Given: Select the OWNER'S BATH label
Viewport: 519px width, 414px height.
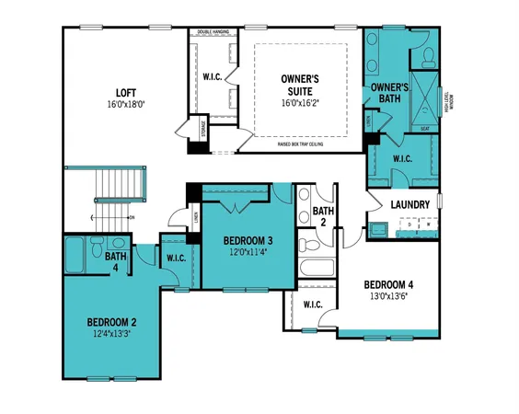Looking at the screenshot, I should [390, 95].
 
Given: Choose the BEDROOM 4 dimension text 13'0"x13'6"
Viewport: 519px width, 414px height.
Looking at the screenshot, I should [387, 296].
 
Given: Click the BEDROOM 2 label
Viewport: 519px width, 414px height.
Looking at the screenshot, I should [112, 322].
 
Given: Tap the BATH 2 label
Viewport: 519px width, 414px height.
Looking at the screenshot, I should [323, 217].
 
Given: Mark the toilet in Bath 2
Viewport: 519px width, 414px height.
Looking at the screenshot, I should [309, 247].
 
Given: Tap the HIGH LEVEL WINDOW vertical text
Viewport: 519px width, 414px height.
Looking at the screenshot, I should [448, 104].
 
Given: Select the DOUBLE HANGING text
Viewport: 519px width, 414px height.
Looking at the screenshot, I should [214, 32].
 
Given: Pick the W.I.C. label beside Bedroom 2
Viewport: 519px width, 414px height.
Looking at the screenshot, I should [177, 259].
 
